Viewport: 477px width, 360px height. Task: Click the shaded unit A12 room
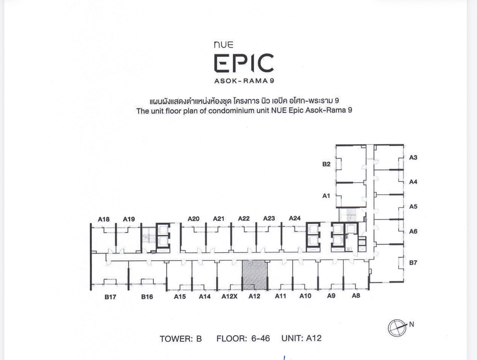pyautogui.click(x=255, y=275)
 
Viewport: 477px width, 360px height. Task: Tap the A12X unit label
pyautogui.click(x=229, y=296)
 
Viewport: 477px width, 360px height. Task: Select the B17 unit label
pyautogui.click(x=110, y=297)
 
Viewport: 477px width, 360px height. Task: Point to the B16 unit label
pyautogui.click(x=147, y=297)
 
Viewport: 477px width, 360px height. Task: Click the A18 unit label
pyautogui.click(x=104, y=219)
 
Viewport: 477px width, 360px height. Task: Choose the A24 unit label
pyautogui.click(x=295, y=218)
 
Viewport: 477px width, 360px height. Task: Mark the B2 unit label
pyautogui.click(x=326, y=164)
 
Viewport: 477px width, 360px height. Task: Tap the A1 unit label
pyautogui.click(x=326, y=195)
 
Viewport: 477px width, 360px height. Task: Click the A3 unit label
pyautogui.click(x=413, y=158)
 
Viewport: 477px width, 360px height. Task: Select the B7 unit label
pyautogui.click(x=413, y=263)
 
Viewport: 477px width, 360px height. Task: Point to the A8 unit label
pyautogui.click(x=356, y=296)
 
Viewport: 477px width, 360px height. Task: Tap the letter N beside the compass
pyautogui.click(x=411, y=324)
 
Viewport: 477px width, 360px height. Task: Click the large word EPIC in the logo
pyautogui.click(x=244, y=64)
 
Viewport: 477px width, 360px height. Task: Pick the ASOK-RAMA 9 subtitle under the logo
pyautogui.click(x=244, y=81)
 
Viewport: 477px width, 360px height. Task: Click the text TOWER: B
pyautogui.click(x=181, y=339)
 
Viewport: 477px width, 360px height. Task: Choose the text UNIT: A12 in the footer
pyautogui.click(x=301, y=339)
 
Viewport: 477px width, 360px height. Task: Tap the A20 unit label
pyautogui.click(x=194, y=219)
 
